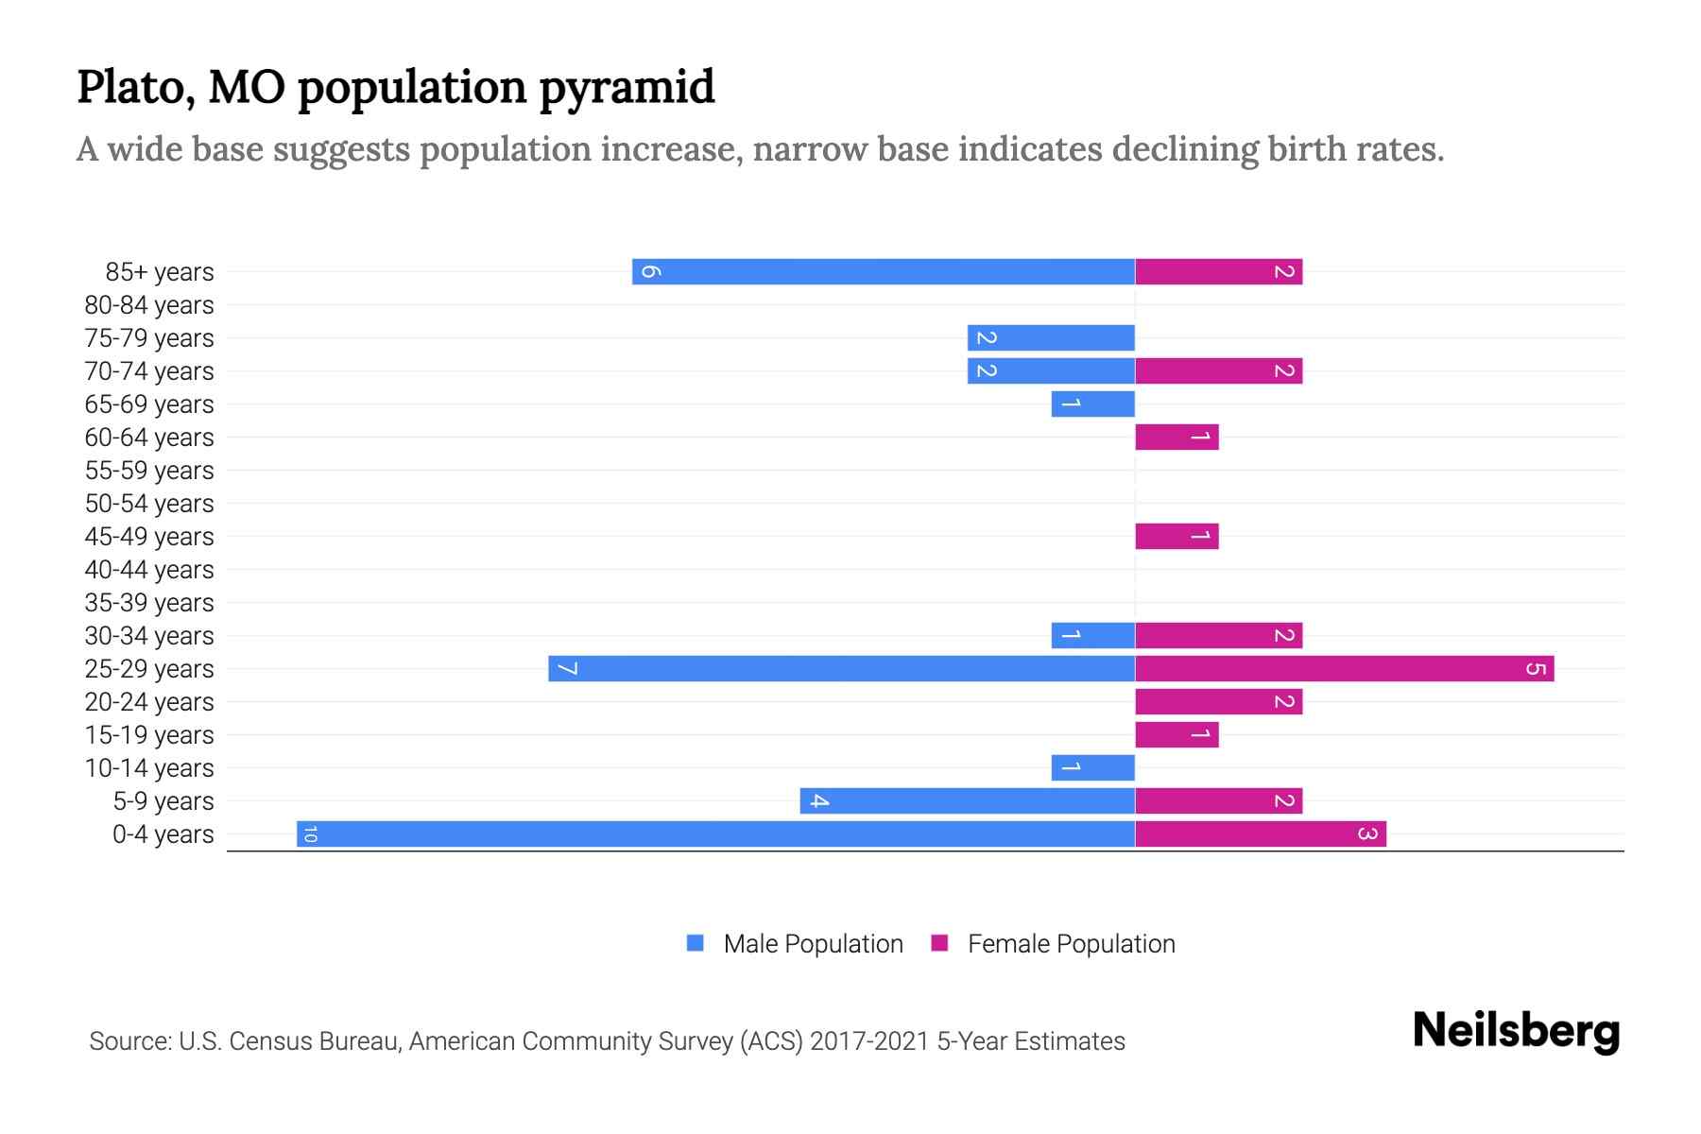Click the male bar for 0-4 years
(x=715, y=833)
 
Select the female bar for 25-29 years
(x=1344, y=668)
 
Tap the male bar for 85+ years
(x=884, y=271)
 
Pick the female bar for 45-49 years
(x=1177, y=536)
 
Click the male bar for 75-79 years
(x=1051, y=337)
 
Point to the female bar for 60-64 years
(x=1177, y=437)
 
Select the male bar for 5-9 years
(x=967, y=800)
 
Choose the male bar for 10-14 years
(x=1092, y=767)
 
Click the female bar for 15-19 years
(x=1177, y=734)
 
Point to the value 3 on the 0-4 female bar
(x=1366, y=833)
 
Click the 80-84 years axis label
(x=149, y=305)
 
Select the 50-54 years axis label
(x=149, y=504)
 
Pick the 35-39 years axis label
(x=149, y=603)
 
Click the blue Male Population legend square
(x=696, y=943)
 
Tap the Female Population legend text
(x=1071, y=943)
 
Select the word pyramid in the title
(x=627, y=88)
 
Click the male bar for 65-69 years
(x=1092, y=404)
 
